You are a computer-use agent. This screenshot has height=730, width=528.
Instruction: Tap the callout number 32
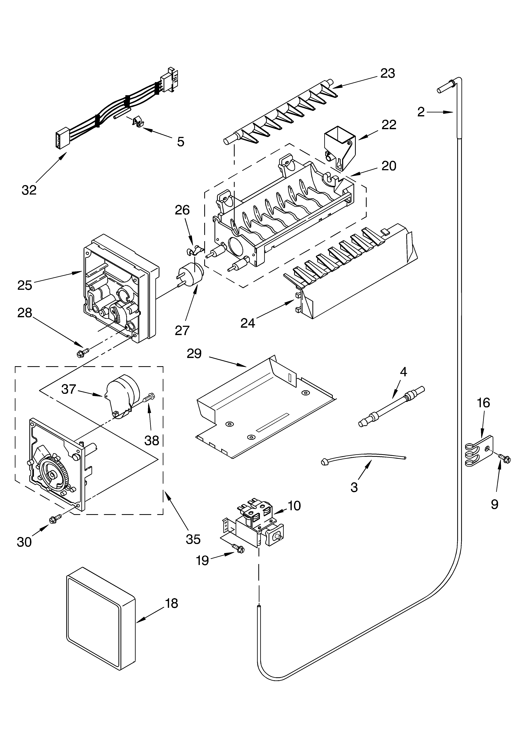(x=29, y=190)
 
